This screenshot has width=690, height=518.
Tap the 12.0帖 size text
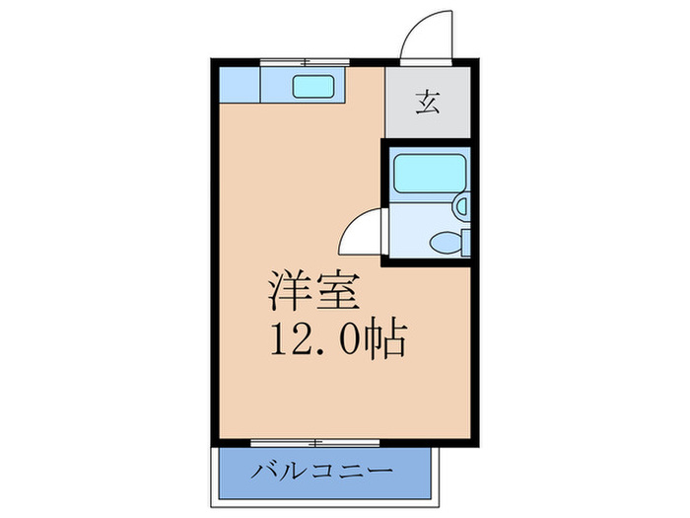(335, 340)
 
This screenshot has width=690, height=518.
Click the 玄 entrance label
(427, 103)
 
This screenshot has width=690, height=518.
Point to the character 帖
(390, 341)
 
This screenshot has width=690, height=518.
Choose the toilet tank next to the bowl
(465, 242)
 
